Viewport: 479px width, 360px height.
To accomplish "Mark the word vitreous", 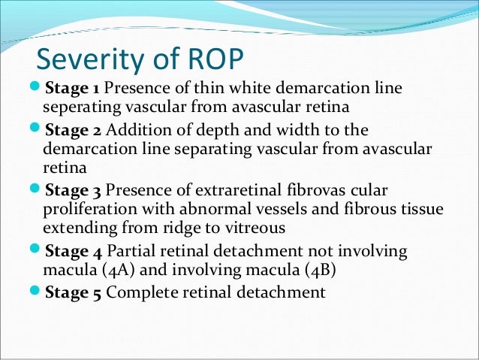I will pos(263,227).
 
